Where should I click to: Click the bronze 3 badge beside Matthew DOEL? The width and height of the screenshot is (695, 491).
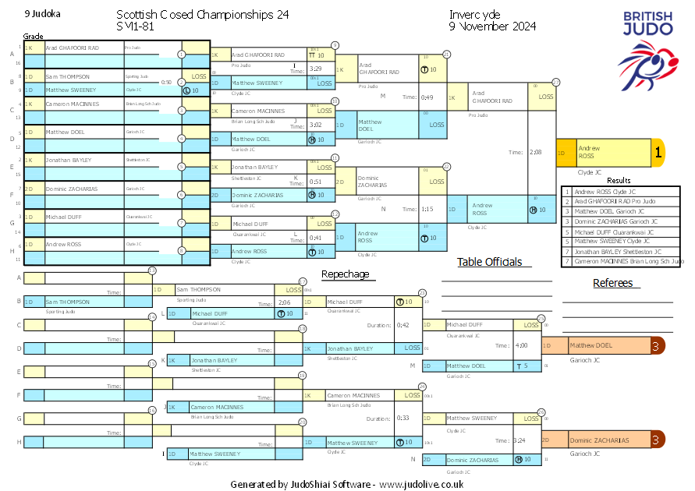point(658,345)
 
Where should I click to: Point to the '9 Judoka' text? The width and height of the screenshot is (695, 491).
point(42,14)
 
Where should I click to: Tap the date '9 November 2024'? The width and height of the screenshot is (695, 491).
point(492,26)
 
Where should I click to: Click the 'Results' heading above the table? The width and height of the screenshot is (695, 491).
point(619,181)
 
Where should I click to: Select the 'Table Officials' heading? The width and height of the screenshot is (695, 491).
point(489,262)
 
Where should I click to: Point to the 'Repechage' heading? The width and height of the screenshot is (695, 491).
point(345,274)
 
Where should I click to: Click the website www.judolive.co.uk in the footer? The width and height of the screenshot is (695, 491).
point(421,484)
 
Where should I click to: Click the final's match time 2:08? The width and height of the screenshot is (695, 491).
point(535,153)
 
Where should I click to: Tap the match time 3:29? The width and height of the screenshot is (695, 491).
point(317,69)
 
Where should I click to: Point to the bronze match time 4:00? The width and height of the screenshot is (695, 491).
point(519,345)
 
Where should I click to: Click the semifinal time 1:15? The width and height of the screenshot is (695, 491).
point(427,209)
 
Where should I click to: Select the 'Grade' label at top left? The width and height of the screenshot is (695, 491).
point(34,36)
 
